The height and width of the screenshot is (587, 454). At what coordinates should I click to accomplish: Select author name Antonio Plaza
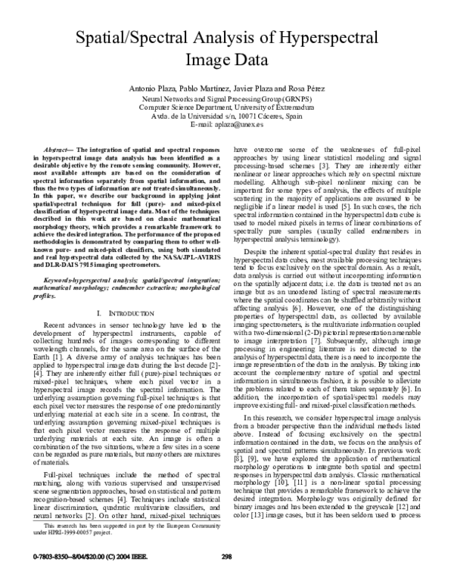pyautogui.click(x=155, y=88)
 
